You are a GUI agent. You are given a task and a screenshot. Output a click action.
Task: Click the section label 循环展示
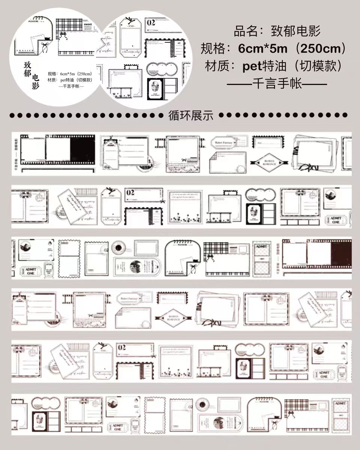tap(191, 115)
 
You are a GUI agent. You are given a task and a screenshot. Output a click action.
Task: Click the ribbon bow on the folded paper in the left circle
tap(45, 47)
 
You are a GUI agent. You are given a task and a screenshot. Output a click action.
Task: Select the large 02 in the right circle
tap(151, 22)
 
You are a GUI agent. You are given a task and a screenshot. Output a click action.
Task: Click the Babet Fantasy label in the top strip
tap(224, 142)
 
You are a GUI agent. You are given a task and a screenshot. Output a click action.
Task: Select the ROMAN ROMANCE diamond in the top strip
tap(267, 162)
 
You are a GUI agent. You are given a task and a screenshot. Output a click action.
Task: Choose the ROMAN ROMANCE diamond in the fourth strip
tap(171, 318)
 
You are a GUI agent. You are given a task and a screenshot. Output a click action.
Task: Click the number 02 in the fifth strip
tap(122, 348)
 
